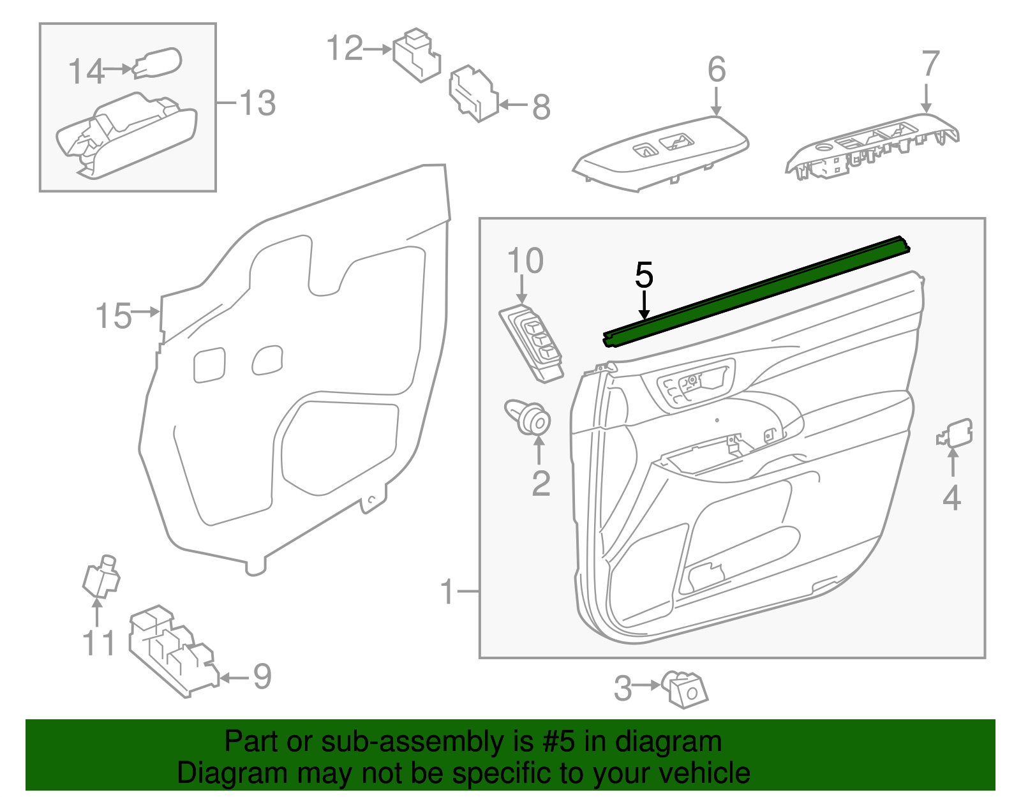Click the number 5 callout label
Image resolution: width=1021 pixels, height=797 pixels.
644,275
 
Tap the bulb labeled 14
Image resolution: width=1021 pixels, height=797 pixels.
158,63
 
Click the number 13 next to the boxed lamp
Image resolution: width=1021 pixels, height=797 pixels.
257,103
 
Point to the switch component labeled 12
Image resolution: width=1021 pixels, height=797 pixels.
416,55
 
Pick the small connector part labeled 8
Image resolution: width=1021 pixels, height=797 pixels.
473,94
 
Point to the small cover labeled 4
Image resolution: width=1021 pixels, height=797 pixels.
956,433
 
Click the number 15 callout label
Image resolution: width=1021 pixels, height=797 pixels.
113,316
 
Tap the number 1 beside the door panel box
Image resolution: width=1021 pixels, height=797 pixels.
447,592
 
